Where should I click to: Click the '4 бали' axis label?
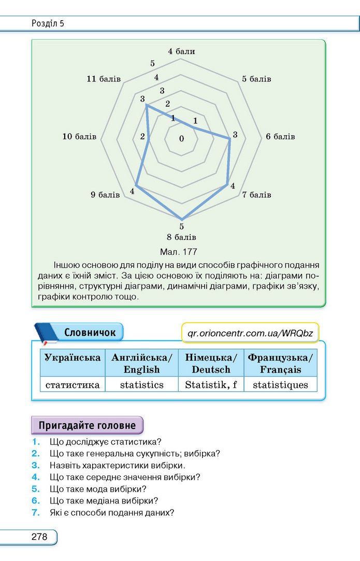tap(181, 51)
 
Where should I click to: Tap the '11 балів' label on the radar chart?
tap(104, 79)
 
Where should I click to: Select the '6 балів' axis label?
tap(280, 136)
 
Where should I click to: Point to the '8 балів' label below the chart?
tap(181, 237)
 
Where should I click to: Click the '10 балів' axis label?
tap(79, 136)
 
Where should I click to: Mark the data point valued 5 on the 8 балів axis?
tap(182, 219)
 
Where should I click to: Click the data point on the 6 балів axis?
tap(230, 139)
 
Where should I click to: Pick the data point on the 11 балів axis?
tap(146, 105)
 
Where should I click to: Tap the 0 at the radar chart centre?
tap(181, 139)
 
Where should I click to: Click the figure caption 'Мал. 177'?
tap(179, 252)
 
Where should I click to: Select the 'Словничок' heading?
tap(90, 333)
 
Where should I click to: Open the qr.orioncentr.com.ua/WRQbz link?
tap(250, 334)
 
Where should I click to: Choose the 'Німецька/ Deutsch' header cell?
tap(211, 363)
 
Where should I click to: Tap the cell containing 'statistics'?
tap(142, 384)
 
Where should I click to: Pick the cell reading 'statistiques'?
tap(281, 384)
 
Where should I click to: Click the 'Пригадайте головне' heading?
tap(88, 425)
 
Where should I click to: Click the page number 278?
tap(39, 537)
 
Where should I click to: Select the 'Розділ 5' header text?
tap(48, 24)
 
